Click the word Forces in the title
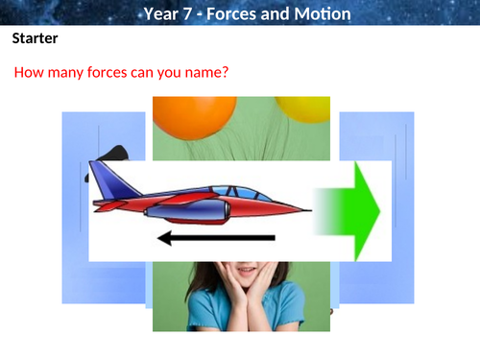pos(235,13)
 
